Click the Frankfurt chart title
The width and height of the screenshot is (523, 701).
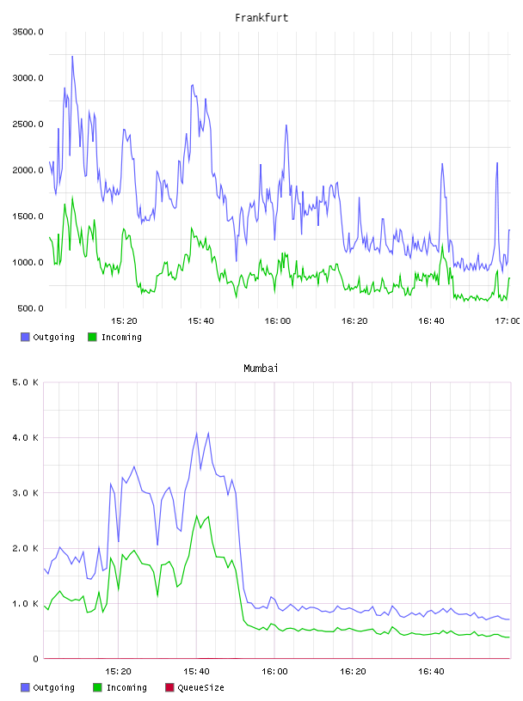261,18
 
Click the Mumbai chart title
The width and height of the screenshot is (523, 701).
261,369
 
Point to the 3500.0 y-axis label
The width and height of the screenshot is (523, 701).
28,32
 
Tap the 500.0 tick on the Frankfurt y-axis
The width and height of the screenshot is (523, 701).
30,308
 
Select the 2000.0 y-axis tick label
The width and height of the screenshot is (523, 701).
28,170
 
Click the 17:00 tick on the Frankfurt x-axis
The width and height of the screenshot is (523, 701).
508,321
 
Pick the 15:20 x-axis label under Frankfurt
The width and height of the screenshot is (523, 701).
124,321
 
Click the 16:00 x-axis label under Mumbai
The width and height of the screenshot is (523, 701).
274,672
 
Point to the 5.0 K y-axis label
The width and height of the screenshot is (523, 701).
25,382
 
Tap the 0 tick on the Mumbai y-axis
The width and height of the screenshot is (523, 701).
36,659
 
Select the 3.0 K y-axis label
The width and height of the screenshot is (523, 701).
25,493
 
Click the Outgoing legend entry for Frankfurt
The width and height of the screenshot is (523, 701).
48,337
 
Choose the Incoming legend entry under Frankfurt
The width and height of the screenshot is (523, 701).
115,337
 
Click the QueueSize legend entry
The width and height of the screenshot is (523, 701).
194,687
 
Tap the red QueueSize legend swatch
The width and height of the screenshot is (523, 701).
169,687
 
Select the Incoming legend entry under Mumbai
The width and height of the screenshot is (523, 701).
120,687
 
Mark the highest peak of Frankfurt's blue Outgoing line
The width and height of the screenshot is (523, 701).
72,57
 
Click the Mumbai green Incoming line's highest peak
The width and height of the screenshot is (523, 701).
197,515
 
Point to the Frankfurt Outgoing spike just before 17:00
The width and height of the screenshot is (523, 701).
497,162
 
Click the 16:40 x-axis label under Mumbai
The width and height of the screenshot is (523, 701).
431,672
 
